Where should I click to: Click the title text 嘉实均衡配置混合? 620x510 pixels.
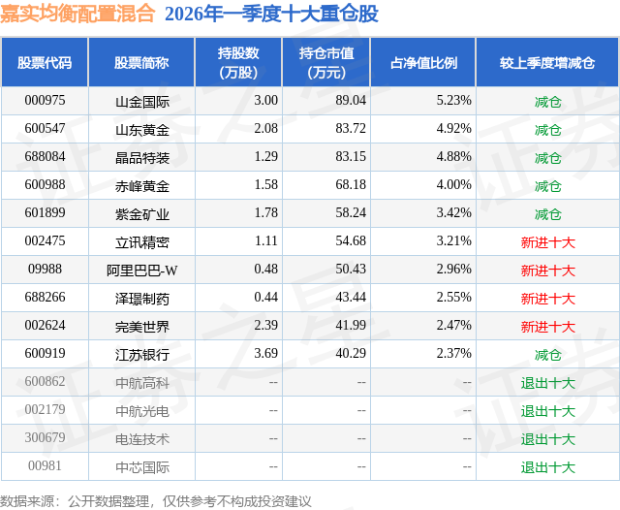click(77, 14)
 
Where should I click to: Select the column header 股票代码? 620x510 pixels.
click(45, 62)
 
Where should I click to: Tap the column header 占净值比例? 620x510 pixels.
click(423, 62)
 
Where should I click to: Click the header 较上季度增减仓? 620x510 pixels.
click(547, 62)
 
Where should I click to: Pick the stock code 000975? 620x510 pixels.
click(45, 101)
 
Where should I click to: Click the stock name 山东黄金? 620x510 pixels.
click(141, 129)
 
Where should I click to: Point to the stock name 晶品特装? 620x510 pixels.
click(141, 157)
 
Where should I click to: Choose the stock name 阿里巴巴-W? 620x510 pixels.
click(141, 271)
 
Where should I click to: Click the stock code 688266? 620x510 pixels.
click(45, 299)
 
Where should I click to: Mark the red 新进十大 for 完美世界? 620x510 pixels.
click(547, 327)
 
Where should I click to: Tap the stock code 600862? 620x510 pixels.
click(45, 383)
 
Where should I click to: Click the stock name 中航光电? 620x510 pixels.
click(141, 411)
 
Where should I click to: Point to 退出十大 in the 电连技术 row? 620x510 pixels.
click(547, 439)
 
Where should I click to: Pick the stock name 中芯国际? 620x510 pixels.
click(141, 467)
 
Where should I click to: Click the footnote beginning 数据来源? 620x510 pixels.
click(156, 500)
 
